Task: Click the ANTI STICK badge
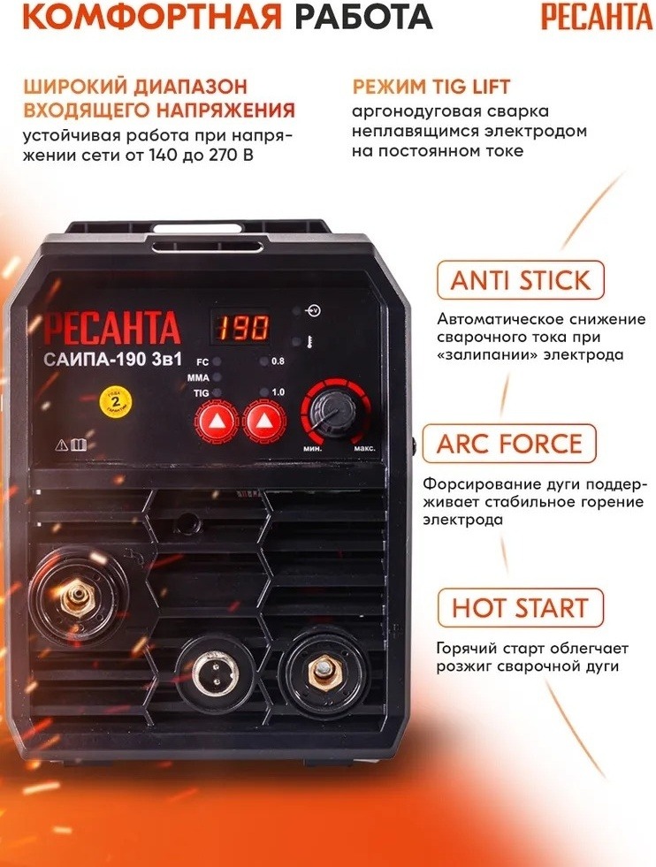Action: point(520,280)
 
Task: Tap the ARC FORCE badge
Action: point(509,444)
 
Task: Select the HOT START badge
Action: point(520,608)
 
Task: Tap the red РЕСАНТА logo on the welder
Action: point(112,328)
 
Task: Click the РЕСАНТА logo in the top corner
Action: point(596,17)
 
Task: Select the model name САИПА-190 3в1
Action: point(113,360)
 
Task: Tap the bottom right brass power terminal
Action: point(324,671)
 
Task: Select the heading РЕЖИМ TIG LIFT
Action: point(431,87)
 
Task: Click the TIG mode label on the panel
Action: point(201,393)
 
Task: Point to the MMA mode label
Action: point(198,377)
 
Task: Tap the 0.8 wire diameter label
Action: point(278,361)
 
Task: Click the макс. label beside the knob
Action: point(364,448)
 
